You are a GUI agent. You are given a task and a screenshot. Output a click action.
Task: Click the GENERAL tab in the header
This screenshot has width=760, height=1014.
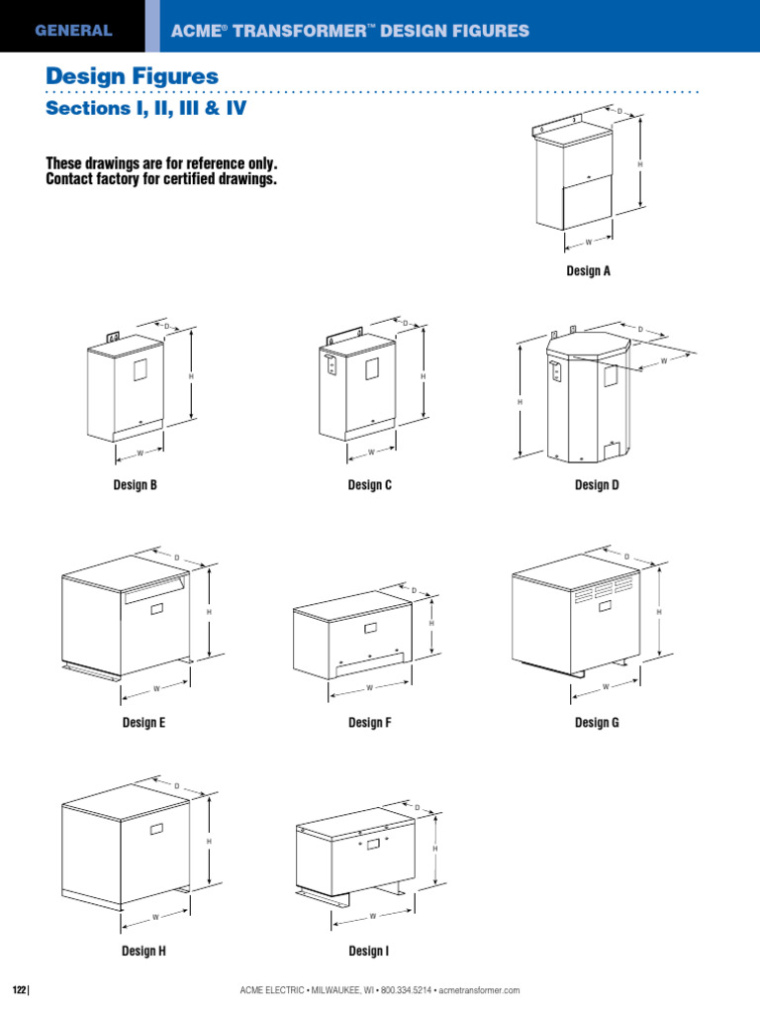coord(73,31)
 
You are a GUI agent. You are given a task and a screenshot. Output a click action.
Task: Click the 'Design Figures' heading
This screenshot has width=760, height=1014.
coord(133,76)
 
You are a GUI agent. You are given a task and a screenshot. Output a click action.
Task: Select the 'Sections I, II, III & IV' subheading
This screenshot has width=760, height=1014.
coord(145,109)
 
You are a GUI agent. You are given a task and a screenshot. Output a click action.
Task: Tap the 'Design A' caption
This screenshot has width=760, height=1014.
coord(588,270)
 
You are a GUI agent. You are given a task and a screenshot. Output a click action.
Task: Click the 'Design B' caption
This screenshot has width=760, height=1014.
coord(136,484)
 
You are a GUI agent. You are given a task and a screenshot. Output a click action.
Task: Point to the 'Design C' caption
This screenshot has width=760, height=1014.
coord(370,484)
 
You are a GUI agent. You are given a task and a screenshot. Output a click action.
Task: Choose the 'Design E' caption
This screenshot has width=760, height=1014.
coord(143,723)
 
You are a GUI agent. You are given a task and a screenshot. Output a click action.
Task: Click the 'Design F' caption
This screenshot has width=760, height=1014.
coord(370,723)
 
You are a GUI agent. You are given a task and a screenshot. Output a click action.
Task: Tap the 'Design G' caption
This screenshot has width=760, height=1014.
coord(597,723)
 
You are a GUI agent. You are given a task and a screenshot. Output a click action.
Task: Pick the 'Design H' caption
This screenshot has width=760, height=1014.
coord(143,951)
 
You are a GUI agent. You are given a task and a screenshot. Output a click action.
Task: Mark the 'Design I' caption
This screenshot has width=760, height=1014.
coord(368,951)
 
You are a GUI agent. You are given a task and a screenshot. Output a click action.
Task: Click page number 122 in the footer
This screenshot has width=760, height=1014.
coord(19,990)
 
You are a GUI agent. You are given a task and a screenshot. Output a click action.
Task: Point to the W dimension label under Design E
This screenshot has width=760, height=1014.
coord(156,688)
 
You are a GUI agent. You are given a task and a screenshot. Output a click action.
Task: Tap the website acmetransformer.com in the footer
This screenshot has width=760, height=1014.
coord(478,990)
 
